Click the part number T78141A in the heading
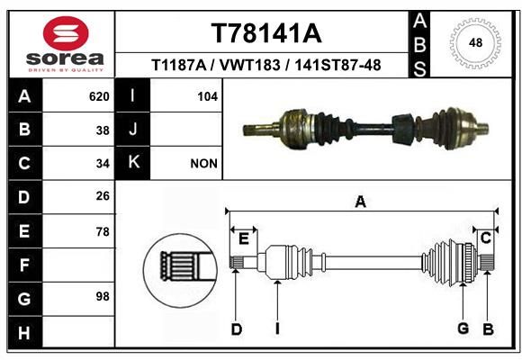[x=265, y=33]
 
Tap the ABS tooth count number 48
[x=474, y=42]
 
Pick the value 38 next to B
[x=103, y=130]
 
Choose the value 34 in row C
[x=103, y=164]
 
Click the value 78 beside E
[x=103, y=231]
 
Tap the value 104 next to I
[x=207, y=96]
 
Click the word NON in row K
[x=203, y=164]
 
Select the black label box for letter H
[x=24, y=332]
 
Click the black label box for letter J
[x=133, y=130]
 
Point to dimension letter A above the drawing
[x=361, y=202]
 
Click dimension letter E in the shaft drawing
[x=243, y=238]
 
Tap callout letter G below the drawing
[x=463, y=328]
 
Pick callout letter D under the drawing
[x=236, y=329]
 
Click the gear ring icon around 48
[x=474, y=42]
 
